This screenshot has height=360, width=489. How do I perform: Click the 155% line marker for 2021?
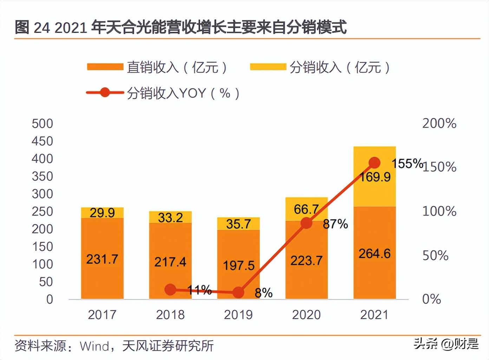374,163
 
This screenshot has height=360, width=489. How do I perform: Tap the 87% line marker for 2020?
306,223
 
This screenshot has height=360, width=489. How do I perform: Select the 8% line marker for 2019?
238,292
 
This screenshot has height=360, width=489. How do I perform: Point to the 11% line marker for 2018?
170,290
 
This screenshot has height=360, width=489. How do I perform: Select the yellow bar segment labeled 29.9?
102,213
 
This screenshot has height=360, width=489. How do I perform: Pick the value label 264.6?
374,253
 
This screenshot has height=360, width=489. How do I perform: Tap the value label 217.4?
170,262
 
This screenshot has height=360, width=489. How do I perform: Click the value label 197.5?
239,265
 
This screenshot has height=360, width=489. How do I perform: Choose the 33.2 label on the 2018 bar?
170,218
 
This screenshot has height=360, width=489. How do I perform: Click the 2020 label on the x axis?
306,315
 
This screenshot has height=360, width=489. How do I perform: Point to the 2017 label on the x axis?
102,315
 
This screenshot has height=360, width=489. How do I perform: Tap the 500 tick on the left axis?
42,123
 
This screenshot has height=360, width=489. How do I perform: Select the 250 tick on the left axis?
42,211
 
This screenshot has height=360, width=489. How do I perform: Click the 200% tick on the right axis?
439,123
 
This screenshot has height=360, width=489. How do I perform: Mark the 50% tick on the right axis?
435,255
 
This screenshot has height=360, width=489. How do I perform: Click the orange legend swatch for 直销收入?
105,67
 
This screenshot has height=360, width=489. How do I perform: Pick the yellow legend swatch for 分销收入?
268,67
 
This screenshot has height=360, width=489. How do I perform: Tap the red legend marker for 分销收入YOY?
105,93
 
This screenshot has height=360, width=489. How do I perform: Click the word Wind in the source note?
94,346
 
